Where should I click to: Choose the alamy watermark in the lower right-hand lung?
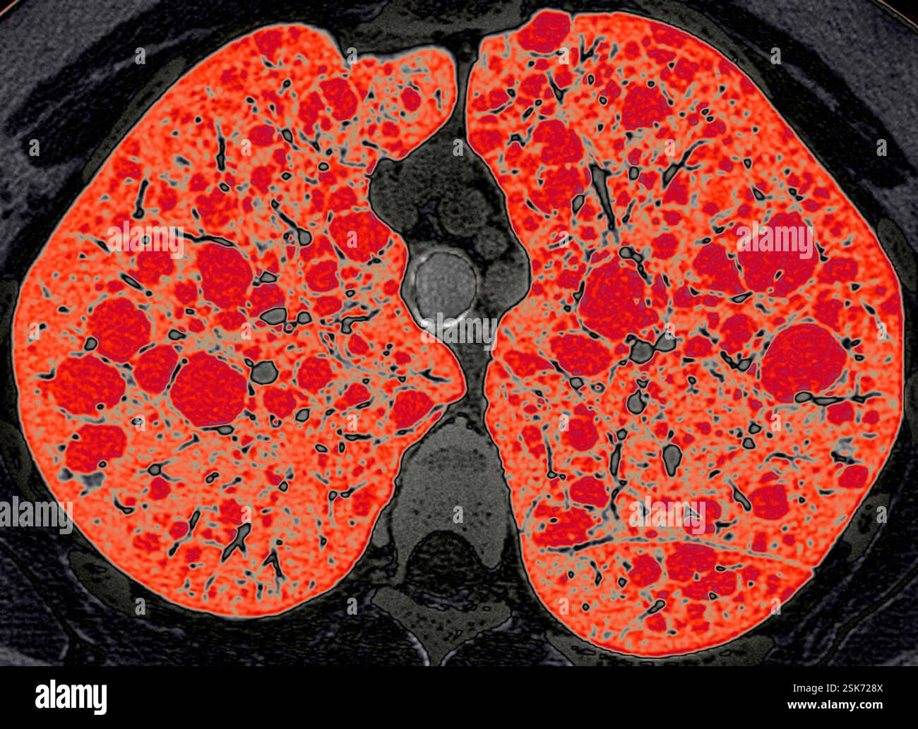pos(667,514)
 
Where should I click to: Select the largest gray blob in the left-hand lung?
pos(266,371)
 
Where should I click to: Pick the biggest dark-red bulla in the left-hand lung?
pos(209,390)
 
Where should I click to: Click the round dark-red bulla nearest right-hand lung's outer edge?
pos(804,361)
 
